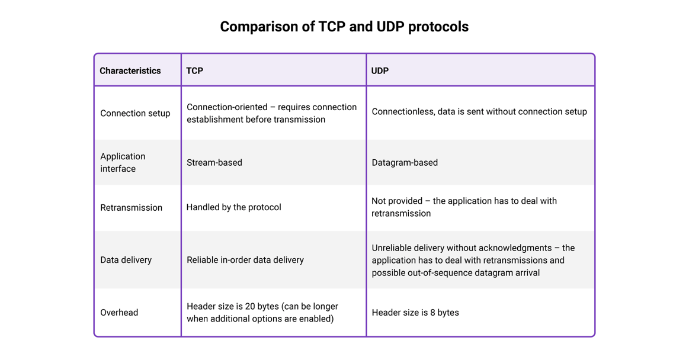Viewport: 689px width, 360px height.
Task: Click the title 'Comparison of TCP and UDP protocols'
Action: pyautogui.click(x=344, y=27)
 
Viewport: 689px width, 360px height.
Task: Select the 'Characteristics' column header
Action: pyautogui.click(x=130, y=70)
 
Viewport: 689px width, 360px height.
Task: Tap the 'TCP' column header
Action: pyautogui.click(x=195, y=70)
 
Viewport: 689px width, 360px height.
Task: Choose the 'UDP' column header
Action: pyautogui.click(x=380, y=70)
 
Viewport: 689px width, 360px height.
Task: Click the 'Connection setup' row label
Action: pyautogui.click(x=135, y=113)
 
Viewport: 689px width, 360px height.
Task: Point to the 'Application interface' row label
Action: pyautogui.click(x=123, y=162)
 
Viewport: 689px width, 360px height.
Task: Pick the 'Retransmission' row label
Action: pyautogui.click(x=131, y=207)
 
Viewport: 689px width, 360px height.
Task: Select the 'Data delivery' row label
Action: pyautogui.click(x=126, y=260)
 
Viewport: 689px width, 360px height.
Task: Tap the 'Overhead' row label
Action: pyautogui.click(x=119, y=313)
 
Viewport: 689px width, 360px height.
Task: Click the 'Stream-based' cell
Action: pyautogui.click(x=214, y=162)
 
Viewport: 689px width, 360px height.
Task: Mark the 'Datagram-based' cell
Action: pyautogui.click(x=405, y=162)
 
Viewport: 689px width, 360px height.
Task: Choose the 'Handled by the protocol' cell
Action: pyautogui.click(x=233, y=207)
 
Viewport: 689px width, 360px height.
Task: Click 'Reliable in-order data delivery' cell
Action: pyautogui.click(x=245, y=260)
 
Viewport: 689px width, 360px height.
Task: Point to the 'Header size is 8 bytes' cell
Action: pyautogui.click(x=415, y=313)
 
